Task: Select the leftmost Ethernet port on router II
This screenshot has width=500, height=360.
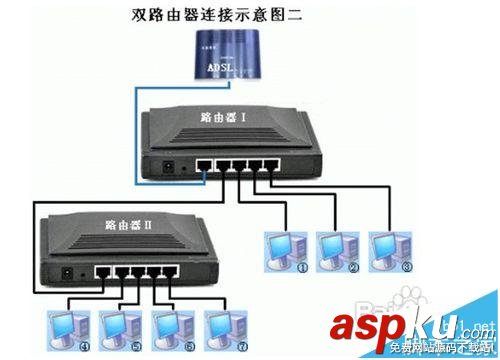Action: [x=101, y=271]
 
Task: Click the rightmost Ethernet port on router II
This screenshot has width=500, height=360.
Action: [x=158, y=271]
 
